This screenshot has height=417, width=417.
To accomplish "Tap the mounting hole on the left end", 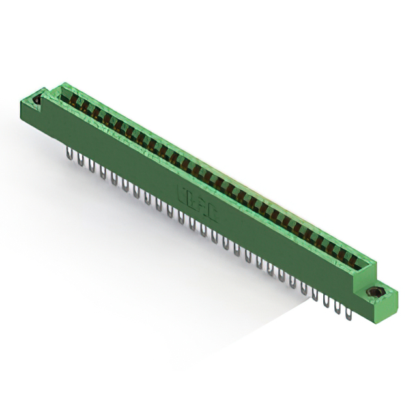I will pyautogui.click(x=36, y=100).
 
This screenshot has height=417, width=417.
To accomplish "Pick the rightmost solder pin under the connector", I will pyautogui.click(x=349, y=313).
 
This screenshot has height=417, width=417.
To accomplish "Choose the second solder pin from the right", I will pyautogui.click(x=338, y=307).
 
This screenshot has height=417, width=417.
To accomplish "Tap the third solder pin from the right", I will pyautogui.click(x=326, y=300).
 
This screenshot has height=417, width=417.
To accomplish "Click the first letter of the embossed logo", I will pyautogui.click(x=180, y=190).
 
